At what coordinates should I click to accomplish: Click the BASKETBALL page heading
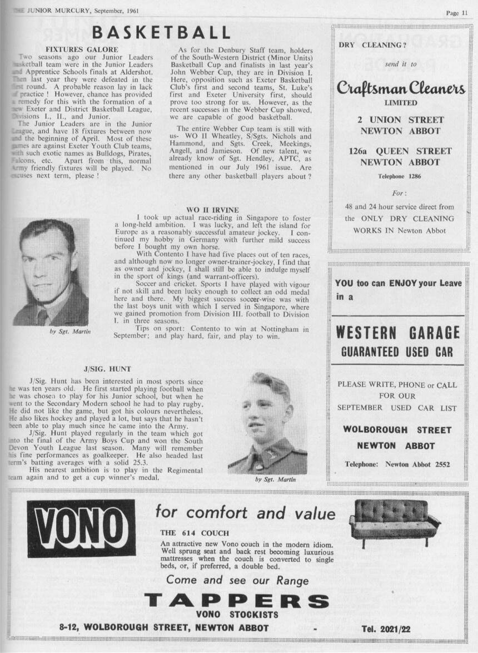[x=161, y=33]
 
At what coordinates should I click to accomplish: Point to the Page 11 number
[x=456, y=13]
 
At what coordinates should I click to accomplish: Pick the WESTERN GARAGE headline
[x=398, y=333]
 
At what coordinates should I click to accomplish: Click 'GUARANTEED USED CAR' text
[x=397, y=352]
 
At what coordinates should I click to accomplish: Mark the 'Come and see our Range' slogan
[x=237, y=580]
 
